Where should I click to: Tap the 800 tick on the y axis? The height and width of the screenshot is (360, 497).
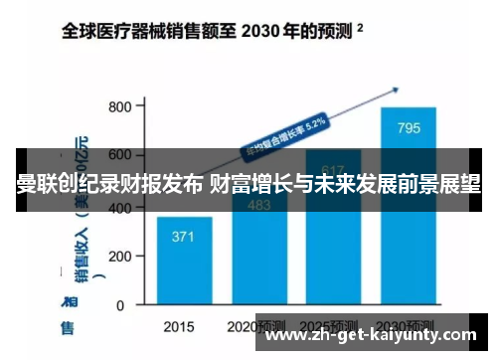pos(120,106)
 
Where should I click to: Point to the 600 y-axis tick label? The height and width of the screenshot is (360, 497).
pos(120,155)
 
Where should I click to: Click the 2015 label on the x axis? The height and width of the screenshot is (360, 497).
pos(178,325)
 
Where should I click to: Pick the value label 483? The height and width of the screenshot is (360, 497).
pos(258,206)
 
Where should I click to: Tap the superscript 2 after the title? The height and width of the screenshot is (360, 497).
pos(359,28)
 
